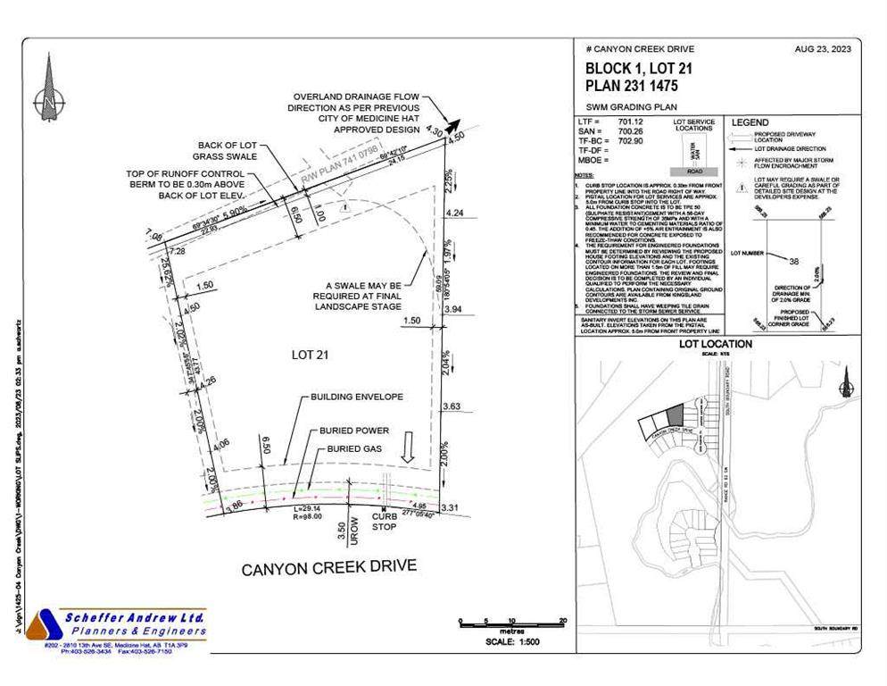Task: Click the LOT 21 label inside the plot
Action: [x=311, y=355]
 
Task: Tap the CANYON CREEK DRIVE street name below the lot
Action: [x=328, y=567]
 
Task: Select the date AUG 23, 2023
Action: [x=822, y=50]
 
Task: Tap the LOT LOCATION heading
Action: [x=716, y=344]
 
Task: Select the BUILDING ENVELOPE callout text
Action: [x=356, y=396]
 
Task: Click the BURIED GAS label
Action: [x=348, y=448]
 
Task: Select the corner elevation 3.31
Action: [x=450, y=508]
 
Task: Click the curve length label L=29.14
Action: [x=308, y=508]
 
